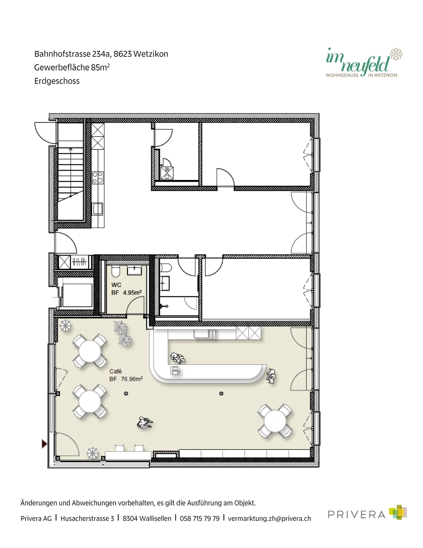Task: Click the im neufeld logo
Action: (363, 62)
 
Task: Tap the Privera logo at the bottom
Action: (367, 512)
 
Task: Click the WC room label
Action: (116, 285)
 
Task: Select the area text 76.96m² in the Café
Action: (132, 379)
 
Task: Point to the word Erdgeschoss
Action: (57, 81)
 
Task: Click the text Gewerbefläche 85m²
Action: (72, 67)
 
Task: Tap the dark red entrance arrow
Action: (44, 444)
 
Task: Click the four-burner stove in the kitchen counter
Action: (98, 177)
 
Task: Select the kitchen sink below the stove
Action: (98, 209)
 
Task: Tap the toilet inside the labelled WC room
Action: (116, 272)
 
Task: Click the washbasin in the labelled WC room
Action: (134, 270)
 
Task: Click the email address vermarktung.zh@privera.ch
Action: (269, 519)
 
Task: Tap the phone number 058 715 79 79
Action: (199, 519)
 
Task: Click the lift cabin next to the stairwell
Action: (77, 295)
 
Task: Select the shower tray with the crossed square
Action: (167, 173)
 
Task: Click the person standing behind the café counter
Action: (178, 358)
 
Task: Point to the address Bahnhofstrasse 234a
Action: (73, 54)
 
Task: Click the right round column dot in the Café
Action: (221, 394)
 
